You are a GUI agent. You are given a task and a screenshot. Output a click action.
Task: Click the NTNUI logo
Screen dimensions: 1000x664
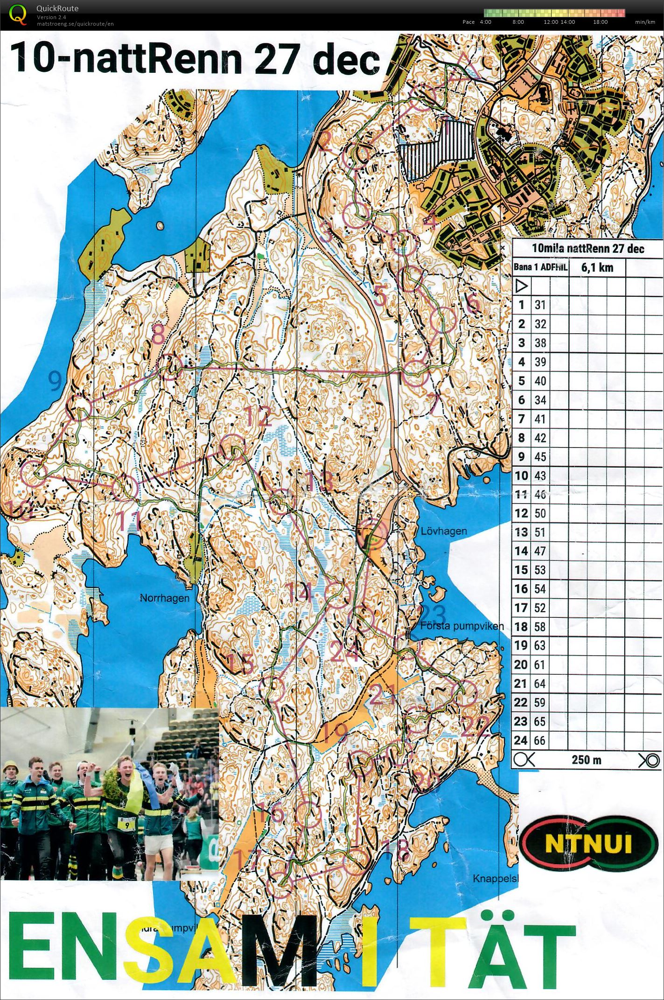click(x=588, y=843)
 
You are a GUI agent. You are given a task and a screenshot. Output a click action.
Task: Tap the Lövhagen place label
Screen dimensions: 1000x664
click(x=443, y=531)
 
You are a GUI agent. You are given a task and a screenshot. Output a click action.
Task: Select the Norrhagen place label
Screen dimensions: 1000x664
click(x=165, y=598)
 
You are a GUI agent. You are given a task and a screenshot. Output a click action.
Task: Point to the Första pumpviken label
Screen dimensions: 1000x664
click(x=461, y=626)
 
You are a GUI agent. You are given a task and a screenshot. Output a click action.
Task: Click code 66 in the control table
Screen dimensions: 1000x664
click(x=539, y=740)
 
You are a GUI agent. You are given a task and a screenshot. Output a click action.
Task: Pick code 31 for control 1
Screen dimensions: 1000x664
click(x=540, y=305)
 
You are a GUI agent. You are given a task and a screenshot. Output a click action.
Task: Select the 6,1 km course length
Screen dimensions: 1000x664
click(x=597, y=267)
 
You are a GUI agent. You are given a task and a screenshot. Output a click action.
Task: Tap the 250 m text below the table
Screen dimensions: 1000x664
click(x=586, y=760)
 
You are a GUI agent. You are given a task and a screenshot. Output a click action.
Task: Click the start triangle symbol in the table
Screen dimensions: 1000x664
click(x=521, y=286)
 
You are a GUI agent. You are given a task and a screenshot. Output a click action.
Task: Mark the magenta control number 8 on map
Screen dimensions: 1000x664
click(x=159, y=334)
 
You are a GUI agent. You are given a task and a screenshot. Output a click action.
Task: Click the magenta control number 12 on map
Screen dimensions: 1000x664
click(x=258, y=416)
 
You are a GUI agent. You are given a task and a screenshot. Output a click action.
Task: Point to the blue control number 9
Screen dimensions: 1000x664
click(x=55, y=382)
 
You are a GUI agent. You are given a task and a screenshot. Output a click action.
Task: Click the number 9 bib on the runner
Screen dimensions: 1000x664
click(x=127, y=825)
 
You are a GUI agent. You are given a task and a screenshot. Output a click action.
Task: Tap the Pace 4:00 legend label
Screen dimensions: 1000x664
click(x=485, y=22)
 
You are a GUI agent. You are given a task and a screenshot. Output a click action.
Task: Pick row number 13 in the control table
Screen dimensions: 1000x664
click(x=521, y=532)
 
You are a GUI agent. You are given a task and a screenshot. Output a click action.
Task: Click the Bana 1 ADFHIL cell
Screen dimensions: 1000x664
click(x=540, y=267)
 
